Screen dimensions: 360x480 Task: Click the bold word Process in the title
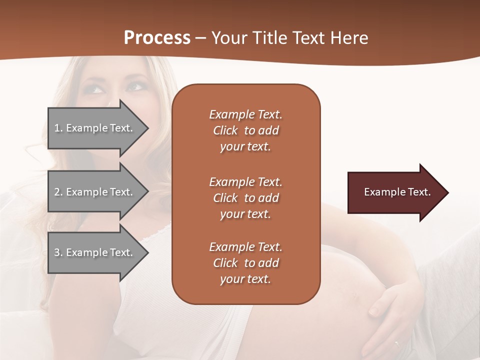pos(157,38)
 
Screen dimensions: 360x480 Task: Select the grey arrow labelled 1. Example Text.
pos(95,128)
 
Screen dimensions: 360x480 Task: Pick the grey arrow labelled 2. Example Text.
pos(95,192)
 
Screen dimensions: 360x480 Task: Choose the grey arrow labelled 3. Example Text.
pos(95,252)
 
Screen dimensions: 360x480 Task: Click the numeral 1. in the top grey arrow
pos(58,128)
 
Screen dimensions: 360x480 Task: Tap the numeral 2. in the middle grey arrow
pos(58,192)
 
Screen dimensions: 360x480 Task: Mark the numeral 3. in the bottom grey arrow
pos(58,252)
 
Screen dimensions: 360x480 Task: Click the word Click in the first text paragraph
pos(225,130)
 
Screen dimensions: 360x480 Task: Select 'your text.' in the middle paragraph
pos(245,214)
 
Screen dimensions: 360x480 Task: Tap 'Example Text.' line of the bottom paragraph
pos(245,247)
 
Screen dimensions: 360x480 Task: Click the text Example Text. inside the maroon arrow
pos(397,192)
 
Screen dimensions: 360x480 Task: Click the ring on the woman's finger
pos(396,344)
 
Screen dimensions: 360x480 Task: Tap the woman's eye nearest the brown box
pos(135,86)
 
